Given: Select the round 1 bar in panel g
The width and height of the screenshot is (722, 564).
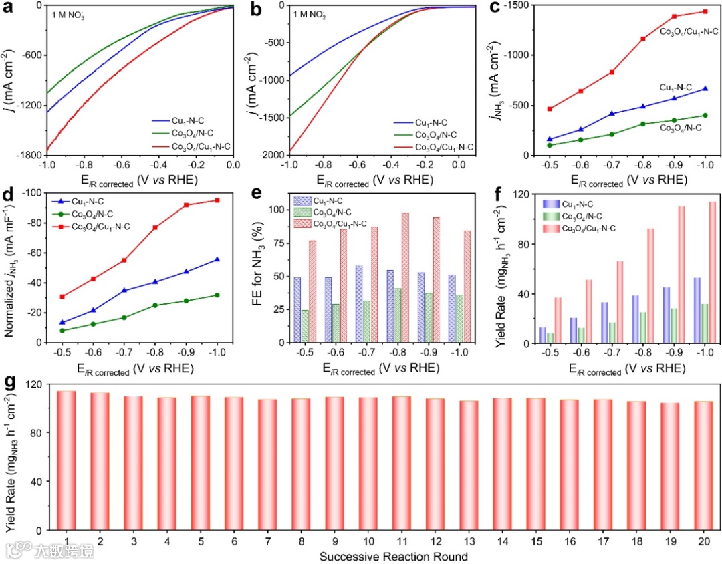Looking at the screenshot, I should click(x=68, y=461).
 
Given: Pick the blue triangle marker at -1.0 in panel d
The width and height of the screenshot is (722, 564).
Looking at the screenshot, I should click(x=217, y=259).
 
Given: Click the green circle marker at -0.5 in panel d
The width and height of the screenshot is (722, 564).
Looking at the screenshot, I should click(x=63, y=331).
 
